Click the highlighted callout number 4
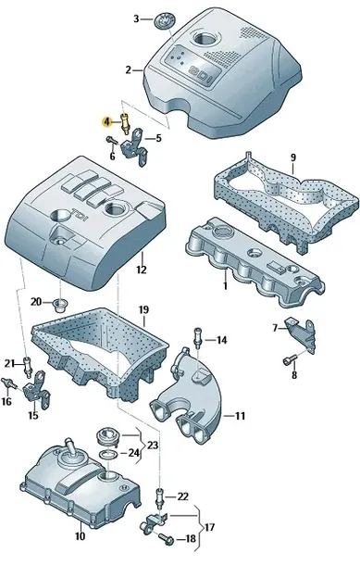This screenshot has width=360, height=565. pos(106,122)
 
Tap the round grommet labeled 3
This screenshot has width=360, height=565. pos(165,19)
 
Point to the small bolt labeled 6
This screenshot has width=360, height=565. pos(111,140)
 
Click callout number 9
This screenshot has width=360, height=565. pos(292,157)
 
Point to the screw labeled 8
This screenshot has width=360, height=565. pos(290,359)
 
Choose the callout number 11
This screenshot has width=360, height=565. pos(240,416)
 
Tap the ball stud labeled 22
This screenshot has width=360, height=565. pos(160,497)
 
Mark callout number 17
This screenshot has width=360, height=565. pos(209,528)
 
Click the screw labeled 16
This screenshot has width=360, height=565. pos(8,383)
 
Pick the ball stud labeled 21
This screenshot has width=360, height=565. pos(28,366)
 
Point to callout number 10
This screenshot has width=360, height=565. pos(80,535)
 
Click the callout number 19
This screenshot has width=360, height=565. pos(143,309)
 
